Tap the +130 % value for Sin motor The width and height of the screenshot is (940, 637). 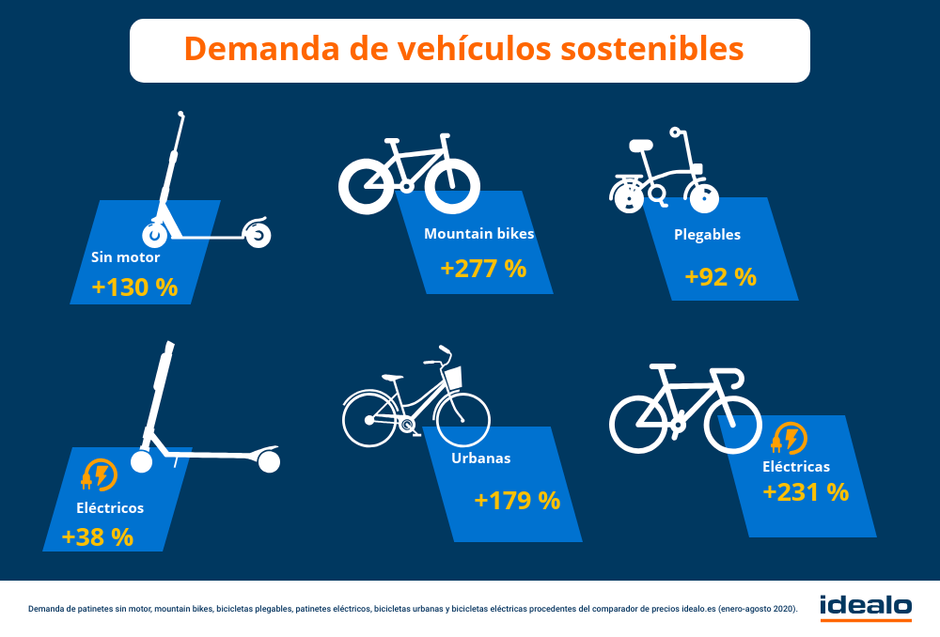(x=134, y=287)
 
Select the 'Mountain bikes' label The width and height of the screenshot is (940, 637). (x=478, y=234)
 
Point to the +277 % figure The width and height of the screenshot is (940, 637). (x=483, y=269)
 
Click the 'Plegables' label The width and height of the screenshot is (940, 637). (x=707, y=235)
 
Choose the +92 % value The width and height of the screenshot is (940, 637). (x=720, y=277)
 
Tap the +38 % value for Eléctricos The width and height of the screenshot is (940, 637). (x=97, y=536)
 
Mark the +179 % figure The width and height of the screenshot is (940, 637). (x=517, y=500)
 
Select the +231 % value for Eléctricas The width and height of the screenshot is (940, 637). (x=806, y=491)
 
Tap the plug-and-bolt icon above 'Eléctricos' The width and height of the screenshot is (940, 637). (x=99, y=475)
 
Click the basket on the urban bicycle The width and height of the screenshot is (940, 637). (x=452, y=378)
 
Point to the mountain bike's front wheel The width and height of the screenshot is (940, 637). (x=452, y=183)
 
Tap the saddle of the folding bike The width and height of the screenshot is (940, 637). (x=641, y=146)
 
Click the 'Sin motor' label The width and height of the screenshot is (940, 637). (x=125, y=256)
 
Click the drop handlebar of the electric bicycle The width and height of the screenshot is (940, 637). (x=732, y=376)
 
